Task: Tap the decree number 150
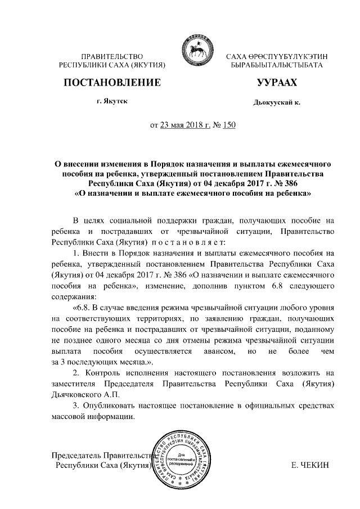click(x=229, y=125)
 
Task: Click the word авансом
click(x=213, y=352)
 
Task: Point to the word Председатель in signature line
click(x=76, y=454)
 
